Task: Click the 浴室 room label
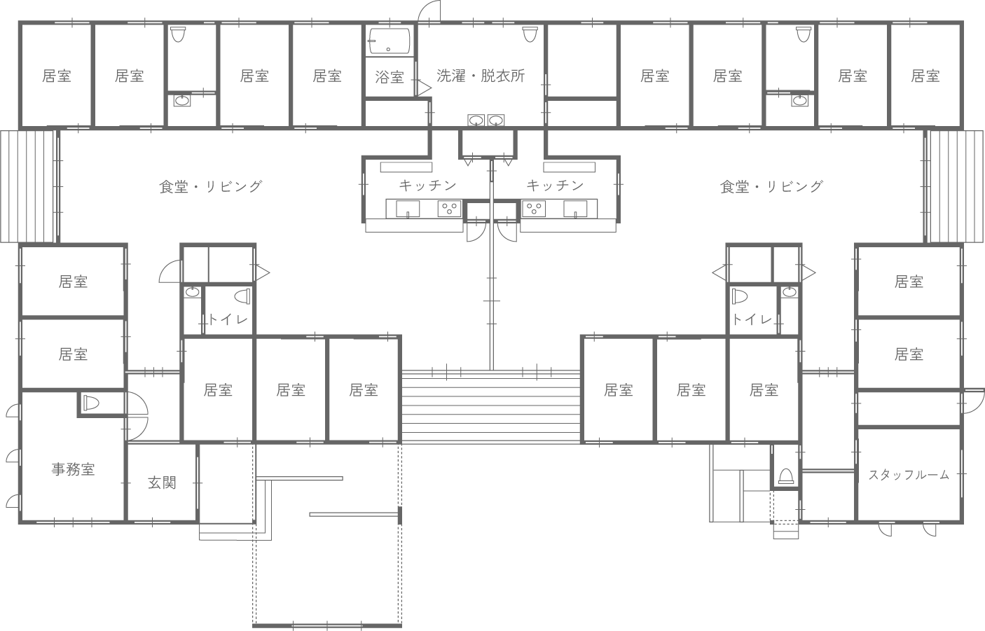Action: point(390,77)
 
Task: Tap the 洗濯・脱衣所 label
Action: point(480,76)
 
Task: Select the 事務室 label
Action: point(73,469)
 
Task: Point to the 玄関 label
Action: point(162,483)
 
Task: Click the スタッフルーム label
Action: point(909,475)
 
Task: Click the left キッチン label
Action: point(427,186)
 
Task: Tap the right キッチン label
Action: point(555,186)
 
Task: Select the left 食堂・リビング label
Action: point(210,186)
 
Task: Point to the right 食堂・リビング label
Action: point(771,186)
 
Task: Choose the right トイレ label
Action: point(752,320)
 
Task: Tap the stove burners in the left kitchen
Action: point(449,208)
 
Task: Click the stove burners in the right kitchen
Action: point(535,208)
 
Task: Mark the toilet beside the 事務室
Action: point(92,403)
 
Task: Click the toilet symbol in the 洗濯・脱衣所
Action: point(530,34)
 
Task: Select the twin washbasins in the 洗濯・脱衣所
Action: point(486,120)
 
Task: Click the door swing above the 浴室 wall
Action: point(429,12)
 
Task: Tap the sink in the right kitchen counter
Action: point(576,208)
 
